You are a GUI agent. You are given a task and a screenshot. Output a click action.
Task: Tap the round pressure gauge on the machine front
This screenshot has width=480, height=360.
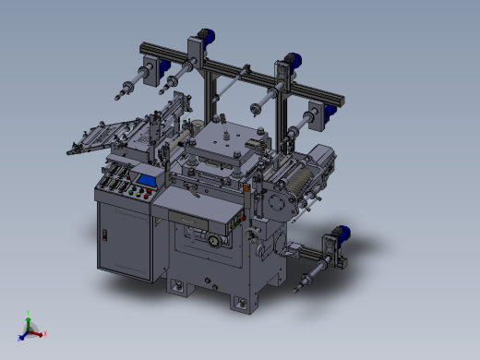[x=215, y=241]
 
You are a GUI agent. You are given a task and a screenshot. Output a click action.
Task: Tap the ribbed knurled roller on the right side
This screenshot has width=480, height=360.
[x=297, y=177]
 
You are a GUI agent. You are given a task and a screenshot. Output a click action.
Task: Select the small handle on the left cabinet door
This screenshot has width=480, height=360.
[x=105, y=236]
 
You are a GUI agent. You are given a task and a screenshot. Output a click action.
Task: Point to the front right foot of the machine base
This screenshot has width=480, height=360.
[x=241, y=304]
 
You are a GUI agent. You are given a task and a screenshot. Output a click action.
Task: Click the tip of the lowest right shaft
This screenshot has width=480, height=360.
[x=297, y=286]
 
